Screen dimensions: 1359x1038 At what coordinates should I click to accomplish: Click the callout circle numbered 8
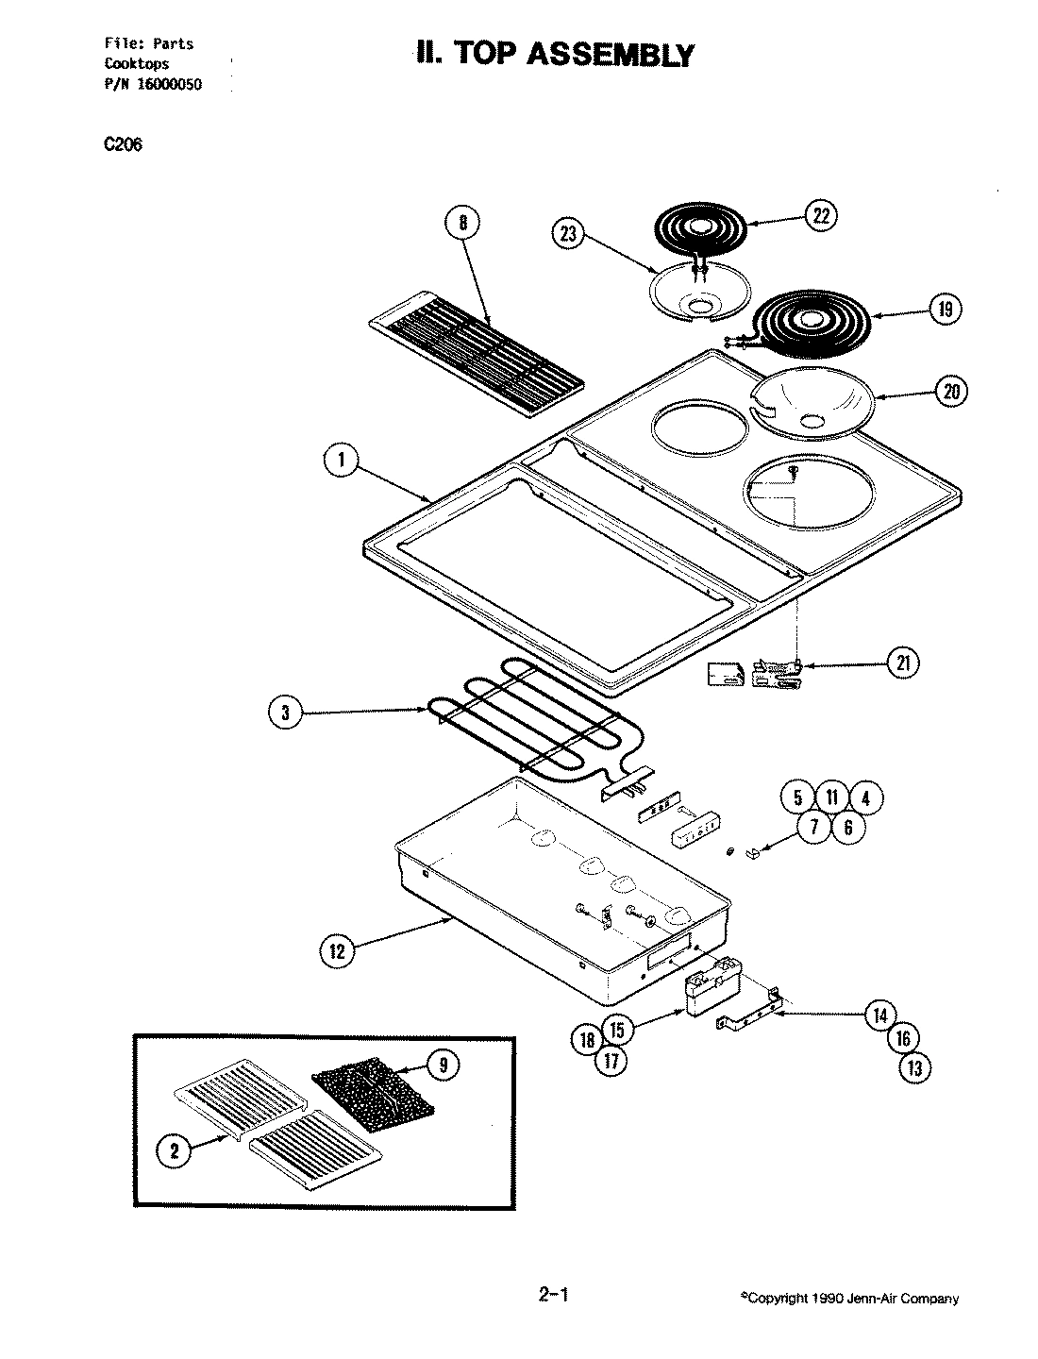pyautogui.click(x=462, y=224)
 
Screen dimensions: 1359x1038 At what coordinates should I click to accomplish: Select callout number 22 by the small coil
pyautogui.click(x=819, y=216)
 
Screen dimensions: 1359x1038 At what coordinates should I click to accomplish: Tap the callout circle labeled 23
pyautogui.click(x=568, y=235)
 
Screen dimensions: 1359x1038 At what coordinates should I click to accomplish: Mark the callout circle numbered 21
pyautogui.click(x=903, y=663)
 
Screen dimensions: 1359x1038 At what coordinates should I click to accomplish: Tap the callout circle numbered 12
pyautogui.click(x=337, y=951)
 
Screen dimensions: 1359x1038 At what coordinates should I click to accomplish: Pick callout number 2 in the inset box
pyautogui.click(x=174, y=1149)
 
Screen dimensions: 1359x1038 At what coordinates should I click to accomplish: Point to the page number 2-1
pyautogui.click(x=553, y=1295)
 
